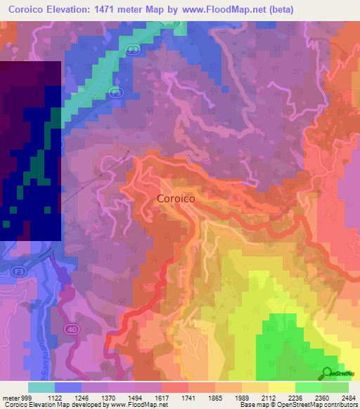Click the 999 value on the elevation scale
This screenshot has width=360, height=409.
[25, 397]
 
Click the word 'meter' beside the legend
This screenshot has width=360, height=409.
[9, 397]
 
